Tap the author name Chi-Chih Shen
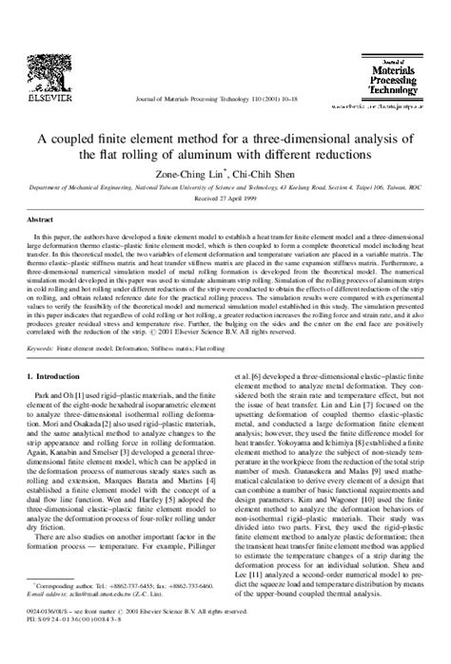pyautogui.click(x=267, y=175)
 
